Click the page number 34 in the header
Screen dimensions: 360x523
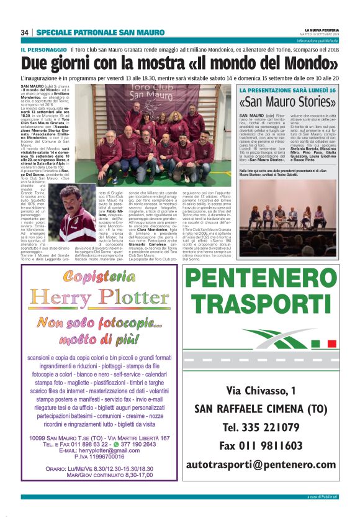click(x=25, y=32)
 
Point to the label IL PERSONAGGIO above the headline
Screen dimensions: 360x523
click(x=43, y=49)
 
